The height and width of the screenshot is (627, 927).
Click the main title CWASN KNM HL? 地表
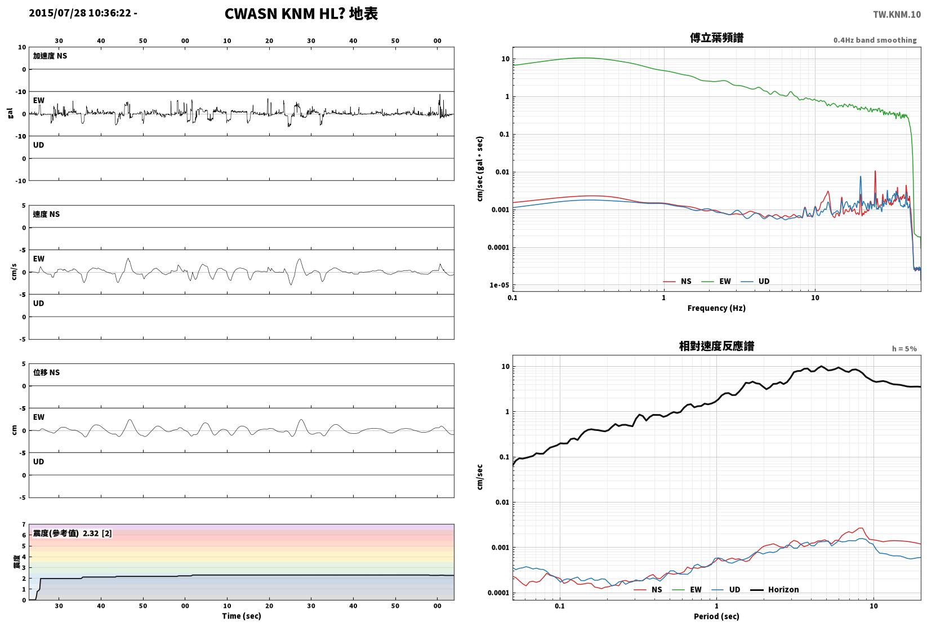[301, 14]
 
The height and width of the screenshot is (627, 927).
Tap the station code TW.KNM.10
[897, 15]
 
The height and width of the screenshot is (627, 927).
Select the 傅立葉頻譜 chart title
[716, 38]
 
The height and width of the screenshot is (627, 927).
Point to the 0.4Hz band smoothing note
[875, 40]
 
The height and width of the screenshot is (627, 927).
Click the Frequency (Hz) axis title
[716, 308]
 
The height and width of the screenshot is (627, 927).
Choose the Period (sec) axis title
[716, 616]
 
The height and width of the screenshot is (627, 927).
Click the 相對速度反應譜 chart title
[716, 346]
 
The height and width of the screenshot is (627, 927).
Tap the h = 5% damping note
[904, 349]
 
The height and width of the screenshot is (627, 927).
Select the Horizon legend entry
[775, 589]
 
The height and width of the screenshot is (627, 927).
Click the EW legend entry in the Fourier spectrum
[716, 281]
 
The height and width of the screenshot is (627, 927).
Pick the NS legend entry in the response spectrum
[648, 589]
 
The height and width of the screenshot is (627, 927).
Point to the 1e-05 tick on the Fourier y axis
[499, 284]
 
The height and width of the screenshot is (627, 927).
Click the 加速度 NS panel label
[50, 56]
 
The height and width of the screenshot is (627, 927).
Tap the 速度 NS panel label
[46, 214]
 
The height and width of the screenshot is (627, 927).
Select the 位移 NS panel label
[46, 372]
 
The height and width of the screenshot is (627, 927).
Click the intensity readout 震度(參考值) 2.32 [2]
[73, 533]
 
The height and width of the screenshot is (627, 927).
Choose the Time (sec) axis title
[242, 616]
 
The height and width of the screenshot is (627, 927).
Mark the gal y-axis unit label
[10, 113]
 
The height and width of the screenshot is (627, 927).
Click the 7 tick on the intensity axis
[24, 524]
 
